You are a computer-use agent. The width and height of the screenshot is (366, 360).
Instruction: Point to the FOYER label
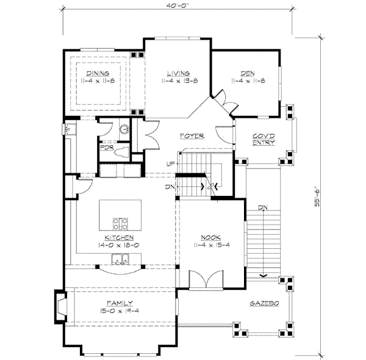tap(191, 135)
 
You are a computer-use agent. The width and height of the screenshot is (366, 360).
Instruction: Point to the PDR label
tap(107, 147)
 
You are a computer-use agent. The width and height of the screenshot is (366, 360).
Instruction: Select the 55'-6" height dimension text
tap(317, 195)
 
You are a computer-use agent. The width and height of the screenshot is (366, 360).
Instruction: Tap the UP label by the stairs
tap(171, 164)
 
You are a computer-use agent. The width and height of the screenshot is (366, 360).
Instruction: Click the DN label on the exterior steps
tap(262, 209)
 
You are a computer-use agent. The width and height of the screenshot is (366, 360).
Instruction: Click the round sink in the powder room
tap(124, 129)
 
